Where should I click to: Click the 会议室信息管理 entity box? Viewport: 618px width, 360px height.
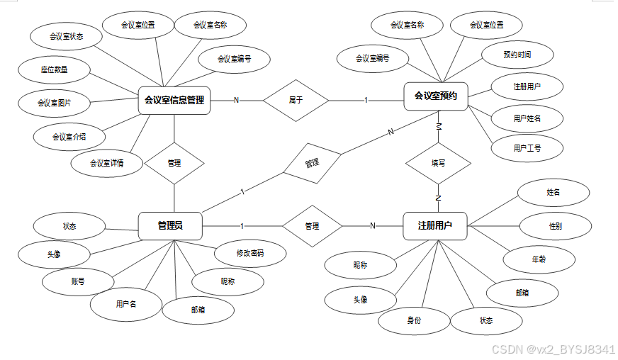click(x=174, y=100)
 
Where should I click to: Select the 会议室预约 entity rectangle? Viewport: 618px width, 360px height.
click(x=436, y=96)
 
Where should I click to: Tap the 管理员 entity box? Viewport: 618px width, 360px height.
click(x=170, y=226)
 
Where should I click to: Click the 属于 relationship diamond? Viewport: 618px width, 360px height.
click(x=296, y=100)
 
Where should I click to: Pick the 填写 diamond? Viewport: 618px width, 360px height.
click(x=438, y=163)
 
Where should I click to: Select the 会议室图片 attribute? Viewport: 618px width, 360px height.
click(x=54, y=103)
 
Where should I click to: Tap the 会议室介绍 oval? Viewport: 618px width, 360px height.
click(x=69, y=136)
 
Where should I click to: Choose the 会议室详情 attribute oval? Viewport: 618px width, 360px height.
click(x=107, y=164)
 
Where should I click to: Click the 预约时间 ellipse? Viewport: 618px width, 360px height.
click(x=517, y=55)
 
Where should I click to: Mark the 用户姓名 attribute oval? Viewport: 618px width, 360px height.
click(x=527, y=118)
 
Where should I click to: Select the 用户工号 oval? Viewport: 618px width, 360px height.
click(x=527, y=148)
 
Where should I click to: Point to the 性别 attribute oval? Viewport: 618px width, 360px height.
click(x=555, y=226)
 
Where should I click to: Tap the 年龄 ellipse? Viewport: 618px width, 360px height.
click(x=539, y=259)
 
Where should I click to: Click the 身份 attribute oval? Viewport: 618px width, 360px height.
click(x=414, y=320)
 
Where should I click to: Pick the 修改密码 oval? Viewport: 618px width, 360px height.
click(x=250, y=252)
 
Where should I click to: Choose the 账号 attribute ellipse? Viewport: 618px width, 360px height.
click(x=78, y=281)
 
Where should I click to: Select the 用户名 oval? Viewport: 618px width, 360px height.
click(x=126, y=304)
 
